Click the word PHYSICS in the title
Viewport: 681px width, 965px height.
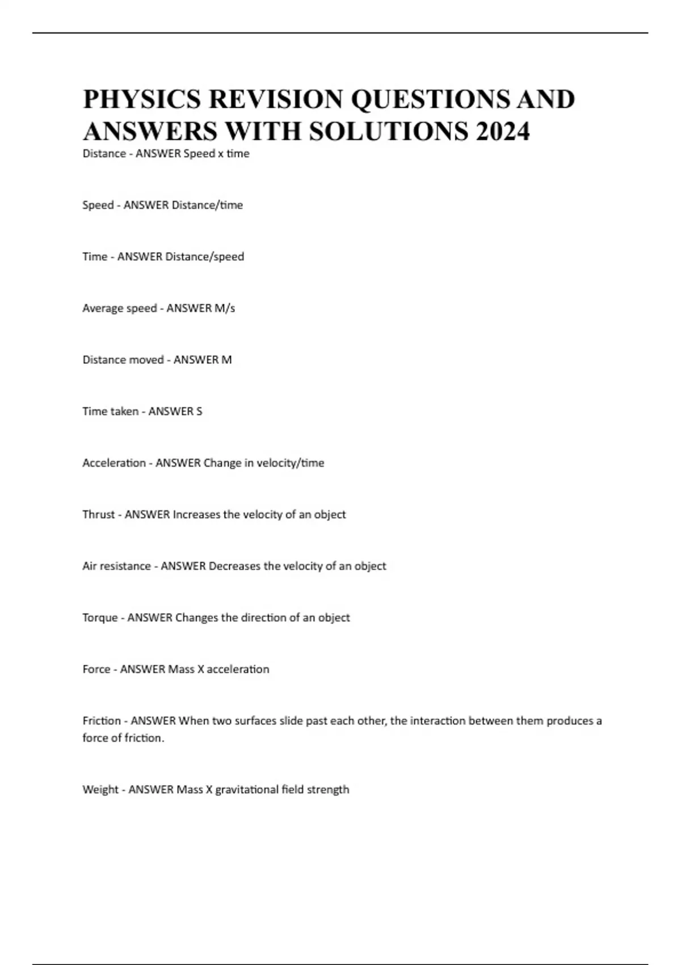pyautogui.click(x=142, y=99)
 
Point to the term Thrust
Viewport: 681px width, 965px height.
pyautogui.click(x=99, y=515)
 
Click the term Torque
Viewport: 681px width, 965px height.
pyautogui.click(x=100, y=618)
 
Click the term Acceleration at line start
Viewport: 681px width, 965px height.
pyautogui.click(x=114, y=463)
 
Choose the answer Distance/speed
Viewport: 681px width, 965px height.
pyautogui.click(x=204, y=257)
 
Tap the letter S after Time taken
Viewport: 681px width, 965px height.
pyautogui.click(x=199, y=412)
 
